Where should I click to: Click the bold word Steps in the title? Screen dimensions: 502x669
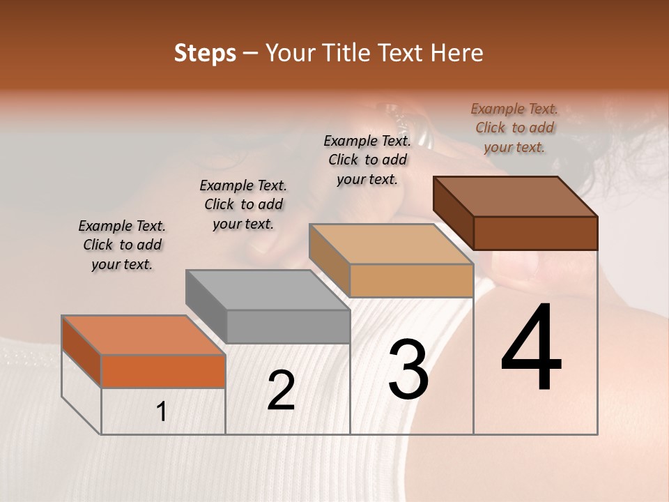click(205, 54)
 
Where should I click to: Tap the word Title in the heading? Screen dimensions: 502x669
click(350, 54)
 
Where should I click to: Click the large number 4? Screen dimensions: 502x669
click(532, 348)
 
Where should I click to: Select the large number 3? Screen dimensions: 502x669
click(408, 369)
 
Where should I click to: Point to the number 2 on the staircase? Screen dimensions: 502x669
click(281, 390)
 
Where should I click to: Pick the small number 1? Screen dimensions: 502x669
click(162, 412)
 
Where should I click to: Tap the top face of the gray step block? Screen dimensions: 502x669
click(268, 290)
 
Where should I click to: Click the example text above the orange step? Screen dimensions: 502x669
click(122, 245)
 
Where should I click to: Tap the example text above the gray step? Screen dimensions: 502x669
click(243, 204)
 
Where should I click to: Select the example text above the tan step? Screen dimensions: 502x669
click(367, 160)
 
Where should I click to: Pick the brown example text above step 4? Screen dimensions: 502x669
click(514, 128)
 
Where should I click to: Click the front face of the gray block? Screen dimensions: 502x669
click(289, 326)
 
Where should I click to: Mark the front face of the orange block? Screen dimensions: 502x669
click(163, 371)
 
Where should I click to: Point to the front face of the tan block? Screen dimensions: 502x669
click(412, 280)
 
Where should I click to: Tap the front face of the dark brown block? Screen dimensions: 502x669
click(535, 233)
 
